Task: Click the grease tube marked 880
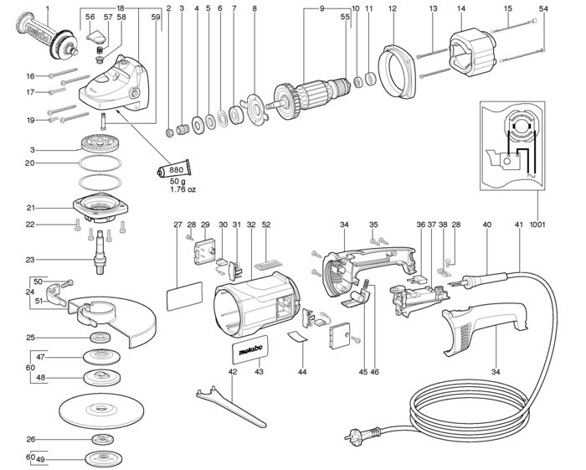pyautogui.click(x=174, y=168)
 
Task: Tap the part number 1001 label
pyautogui.click(x=537, y=225)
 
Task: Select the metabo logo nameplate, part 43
pyautogui.click(x=249, y=349)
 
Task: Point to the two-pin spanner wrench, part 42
pyautogui.click(x=230, y=406)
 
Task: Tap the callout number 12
pyautogui.click(x=392, y=8)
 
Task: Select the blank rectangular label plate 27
pyautogui.click(x=184, y=296)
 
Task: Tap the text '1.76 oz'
pyautogui.click(x=182, y=189)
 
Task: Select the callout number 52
pyautogui.click(x=266, y=225)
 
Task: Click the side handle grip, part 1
pyautogui.click(x=48, y=37)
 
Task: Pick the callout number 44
pyautogui.click(x=302, y=372)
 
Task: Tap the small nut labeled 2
pyautogui.click(x=169, y=132)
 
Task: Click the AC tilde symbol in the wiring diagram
pyautogui.click(x=531, y=175)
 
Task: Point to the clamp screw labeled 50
pyautogui.click(x=67, y=284)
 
